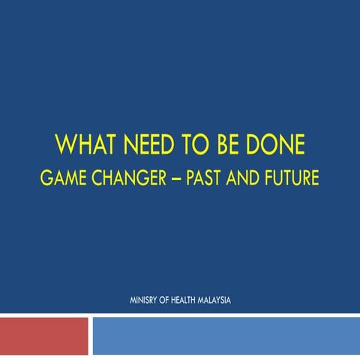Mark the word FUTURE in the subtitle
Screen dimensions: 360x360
(x=294, y=179)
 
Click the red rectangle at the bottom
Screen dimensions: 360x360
(x=44, y=336)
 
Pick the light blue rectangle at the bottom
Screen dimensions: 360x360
(x=225, y=336)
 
